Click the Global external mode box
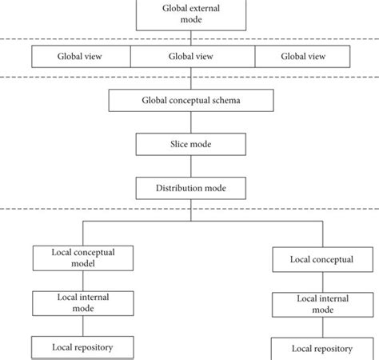point(191,15)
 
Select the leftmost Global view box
point(81,56)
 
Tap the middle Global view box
point(193,56)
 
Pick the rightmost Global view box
point(302,56)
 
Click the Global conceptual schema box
point(191,100)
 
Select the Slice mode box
point(191,144)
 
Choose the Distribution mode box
point(191,188)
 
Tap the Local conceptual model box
point(83,258)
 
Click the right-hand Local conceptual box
point(323,259)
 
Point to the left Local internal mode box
point(83,303)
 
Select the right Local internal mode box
point(323,305)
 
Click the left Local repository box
point(82,347)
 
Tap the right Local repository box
point(322,349)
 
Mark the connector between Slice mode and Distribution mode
point(191,166)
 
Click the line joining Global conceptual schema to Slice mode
point(191,122)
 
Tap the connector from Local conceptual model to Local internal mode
point(83,281)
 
